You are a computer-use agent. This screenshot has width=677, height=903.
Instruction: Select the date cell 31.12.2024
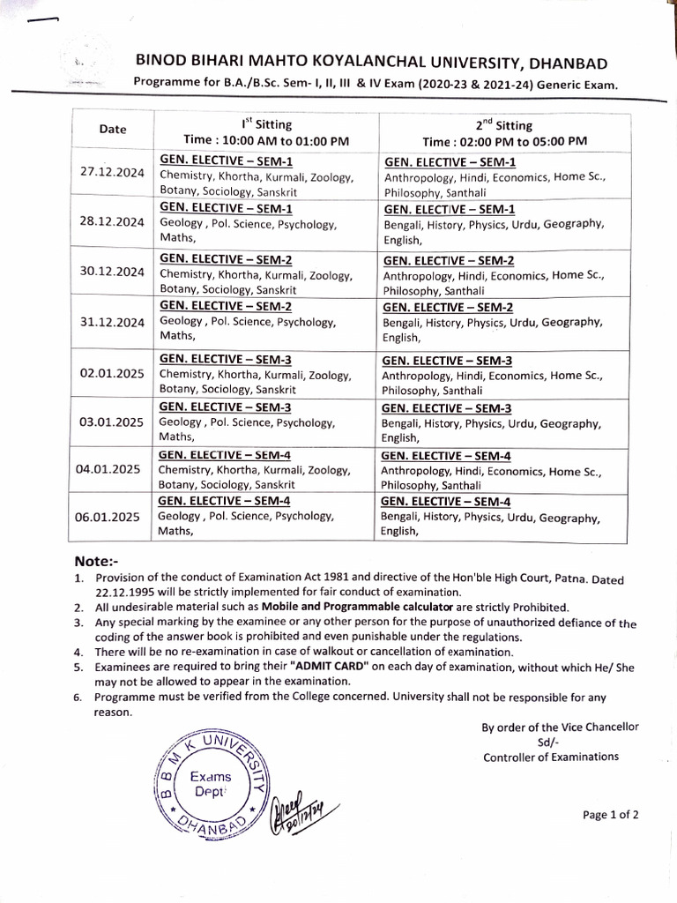tap(111, 322)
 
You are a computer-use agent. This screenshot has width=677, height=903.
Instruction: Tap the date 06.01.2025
tap(108, 518)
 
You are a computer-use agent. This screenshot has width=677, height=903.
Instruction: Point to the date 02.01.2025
tap(111, 373)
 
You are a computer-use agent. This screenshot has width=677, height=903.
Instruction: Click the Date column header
tap(113, 129)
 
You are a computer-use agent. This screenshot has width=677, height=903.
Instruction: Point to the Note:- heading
tap(98, 561)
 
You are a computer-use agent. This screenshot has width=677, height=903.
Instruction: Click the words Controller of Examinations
tap(550, 757)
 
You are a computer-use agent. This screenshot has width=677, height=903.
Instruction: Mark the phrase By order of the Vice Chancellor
tap(559, 727)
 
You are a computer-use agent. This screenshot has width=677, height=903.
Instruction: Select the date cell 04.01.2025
tap(108, 468)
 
